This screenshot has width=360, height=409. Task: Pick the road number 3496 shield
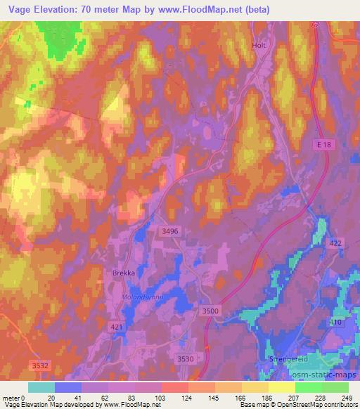click(169, 230)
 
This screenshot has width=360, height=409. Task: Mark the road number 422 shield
click(335, 242)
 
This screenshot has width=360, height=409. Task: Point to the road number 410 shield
click(336, 322)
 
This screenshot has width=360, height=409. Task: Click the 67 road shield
click(314, 25)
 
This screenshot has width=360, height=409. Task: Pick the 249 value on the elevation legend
click(347, 398)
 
